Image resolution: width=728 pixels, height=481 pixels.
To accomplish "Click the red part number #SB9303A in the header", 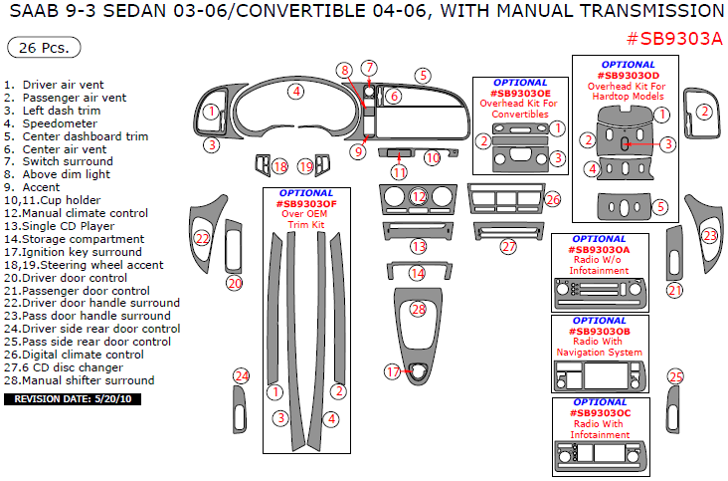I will (x=674, y=39).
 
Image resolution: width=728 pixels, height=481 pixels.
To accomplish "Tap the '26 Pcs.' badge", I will (x=44, y=48).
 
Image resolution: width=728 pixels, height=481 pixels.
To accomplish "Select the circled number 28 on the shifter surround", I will (x=418, y=311).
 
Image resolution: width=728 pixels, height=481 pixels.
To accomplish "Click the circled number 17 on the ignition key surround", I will (x=393, y=371).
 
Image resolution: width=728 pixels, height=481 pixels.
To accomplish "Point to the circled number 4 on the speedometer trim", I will (x=295, y=92).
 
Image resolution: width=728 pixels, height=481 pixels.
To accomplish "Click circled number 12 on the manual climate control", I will (x=418, y=197).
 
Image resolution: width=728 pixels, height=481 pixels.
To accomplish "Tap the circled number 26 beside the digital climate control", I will (x=553, y=200).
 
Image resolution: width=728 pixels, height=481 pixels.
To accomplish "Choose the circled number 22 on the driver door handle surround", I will (x=202, y=238).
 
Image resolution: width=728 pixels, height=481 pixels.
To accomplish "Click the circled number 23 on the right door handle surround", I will (x=709, y=236).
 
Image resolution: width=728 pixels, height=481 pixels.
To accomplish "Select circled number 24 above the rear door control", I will (x=241, y=375).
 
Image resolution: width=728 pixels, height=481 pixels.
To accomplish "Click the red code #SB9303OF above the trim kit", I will (x=306, y=204).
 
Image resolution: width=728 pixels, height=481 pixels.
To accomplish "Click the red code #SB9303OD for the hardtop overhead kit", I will (x=629, y=75).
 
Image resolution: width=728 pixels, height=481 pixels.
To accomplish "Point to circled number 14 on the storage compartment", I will (x=418, y=273).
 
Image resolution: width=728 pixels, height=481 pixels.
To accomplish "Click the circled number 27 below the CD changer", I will (x=508, y=246).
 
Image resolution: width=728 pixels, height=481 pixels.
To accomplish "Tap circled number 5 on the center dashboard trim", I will (x=423, y=75).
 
